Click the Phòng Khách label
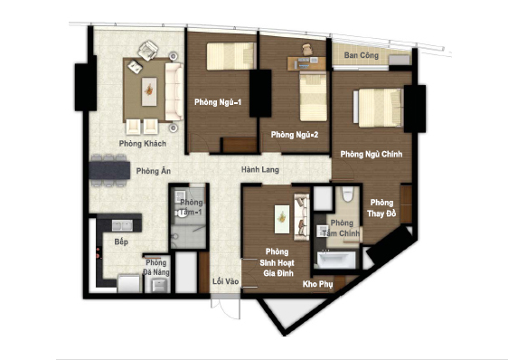(143, 143)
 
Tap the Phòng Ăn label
(154, 171)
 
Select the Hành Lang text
(259, 169)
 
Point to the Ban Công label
(362, 55)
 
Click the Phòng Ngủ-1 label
(218, 102)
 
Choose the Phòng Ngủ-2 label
(295, 134)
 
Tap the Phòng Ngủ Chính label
(372, 154)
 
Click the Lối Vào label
(225, 281)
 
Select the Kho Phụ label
(317, 284)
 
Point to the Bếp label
(121, 242)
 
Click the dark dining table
(109, 170)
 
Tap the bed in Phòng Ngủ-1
(230, 56)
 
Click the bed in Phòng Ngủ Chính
(378, 108)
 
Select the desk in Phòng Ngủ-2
(306, 63)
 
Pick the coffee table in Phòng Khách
(149, 91)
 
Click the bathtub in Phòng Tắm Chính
(336, 260)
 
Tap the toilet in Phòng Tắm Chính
(348, 194)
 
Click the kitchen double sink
(122, 225)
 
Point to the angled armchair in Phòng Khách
(148, 51)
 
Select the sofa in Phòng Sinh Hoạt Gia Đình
(302, 217)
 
